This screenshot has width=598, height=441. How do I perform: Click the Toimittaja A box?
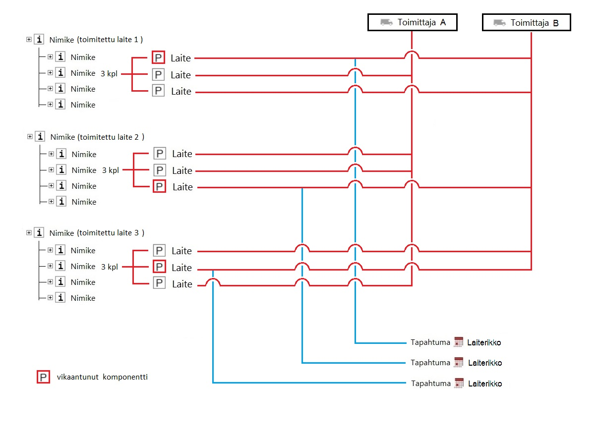412,22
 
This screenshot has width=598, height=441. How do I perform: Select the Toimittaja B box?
527,22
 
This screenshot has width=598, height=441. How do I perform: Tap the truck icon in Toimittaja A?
386,22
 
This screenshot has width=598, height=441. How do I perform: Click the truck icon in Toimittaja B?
500,22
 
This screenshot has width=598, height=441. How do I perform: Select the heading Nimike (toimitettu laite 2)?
97,137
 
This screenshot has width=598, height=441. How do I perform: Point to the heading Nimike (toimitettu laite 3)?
97,233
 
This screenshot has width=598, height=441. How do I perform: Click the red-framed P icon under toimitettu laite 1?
158,58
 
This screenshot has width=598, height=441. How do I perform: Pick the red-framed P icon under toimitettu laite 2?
159,187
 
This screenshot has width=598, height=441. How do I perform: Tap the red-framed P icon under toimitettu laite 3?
159,267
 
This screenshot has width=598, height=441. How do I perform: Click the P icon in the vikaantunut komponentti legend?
43,378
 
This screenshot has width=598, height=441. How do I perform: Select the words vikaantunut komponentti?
102,377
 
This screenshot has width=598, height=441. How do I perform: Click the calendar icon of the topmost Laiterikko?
458,342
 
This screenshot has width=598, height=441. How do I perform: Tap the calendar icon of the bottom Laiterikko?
459,383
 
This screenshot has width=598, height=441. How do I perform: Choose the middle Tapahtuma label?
430,363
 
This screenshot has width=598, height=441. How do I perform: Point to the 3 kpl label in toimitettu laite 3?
110,267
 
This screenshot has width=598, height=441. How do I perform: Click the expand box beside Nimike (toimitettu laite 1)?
29,39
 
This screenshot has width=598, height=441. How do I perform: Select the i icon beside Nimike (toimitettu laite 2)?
40,136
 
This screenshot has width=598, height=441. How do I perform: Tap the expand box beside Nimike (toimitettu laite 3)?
29,232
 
